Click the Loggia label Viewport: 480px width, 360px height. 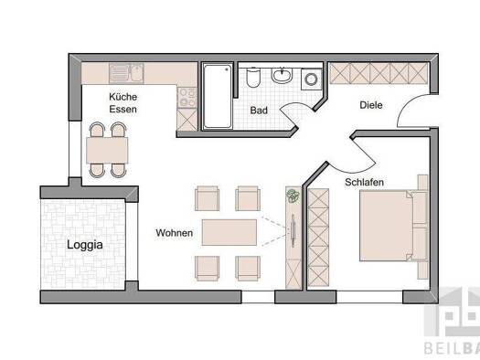click(85, 244)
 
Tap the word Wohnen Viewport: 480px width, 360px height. click(174, 233)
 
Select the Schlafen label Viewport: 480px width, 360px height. click(364, 183)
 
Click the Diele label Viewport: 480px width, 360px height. click(370, 105)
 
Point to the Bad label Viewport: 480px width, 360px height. click(260, 111)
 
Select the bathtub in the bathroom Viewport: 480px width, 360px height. click(218, 96)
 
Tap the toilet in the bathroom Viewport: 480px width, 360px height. click(253, 78)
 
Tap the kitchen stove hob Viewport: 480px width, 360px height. click(187, 93)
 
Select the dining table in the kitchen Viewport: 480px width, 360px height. click(108, 148)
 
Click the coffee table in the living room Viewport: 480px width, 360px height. click(229, 231)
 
